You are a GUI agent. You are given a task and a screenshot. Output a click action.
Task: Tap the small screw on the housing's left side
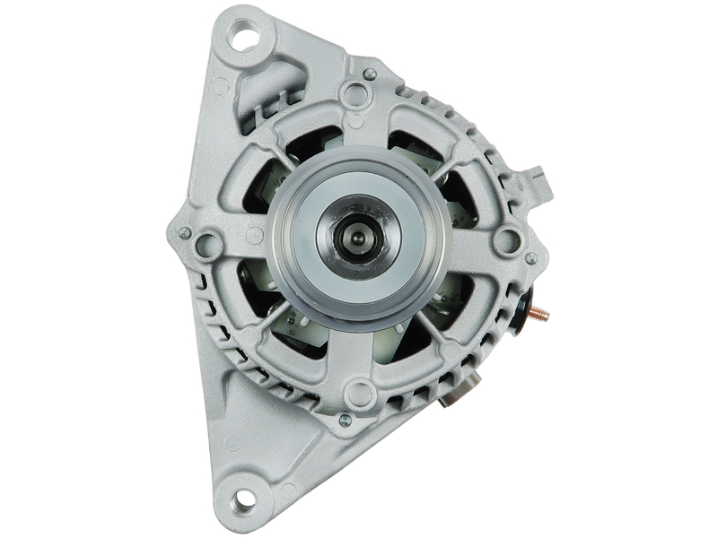[x=184, y=234]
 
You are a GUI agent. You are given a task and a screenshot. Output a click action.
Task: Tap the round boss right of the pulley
[x=508, y=239]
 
